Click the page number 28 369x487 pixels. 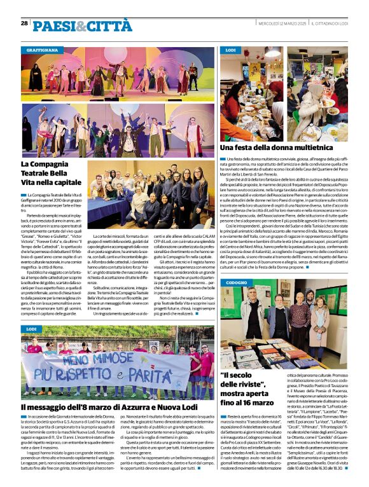pos(24,24)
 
